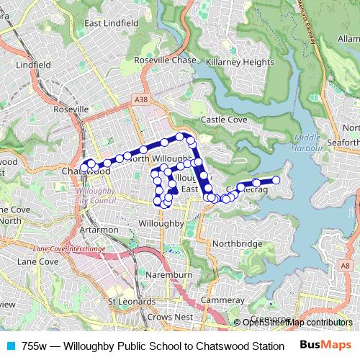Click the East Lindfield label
(112, 23)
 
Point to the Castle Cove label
(224, 119)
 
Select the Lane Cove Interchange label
(69, 248)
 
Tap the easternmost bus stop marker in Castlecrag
(276, 181)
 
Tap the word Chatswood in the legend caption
(220, 346)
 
